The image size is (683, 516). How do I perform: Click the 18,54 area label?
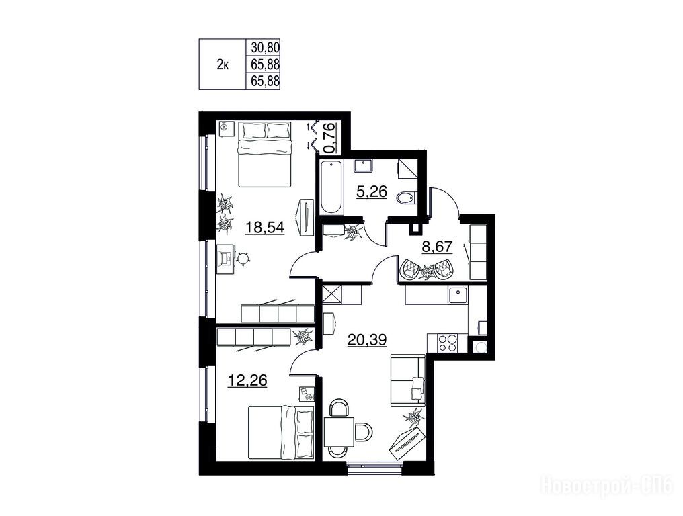[265, 227]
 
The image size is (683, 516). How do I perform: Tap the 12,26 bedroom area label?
[247, 380]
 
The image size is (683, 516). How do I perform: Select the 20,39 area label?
[367, 339]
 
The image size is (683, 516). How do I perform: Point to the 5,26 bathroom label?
[372, 191]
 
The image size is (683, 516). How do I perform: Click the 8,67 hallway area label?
[438, 247]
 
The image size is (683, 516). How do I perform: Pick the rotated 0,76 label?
[331, 137]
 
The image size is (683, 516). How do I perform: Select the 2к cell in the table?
[223, 65]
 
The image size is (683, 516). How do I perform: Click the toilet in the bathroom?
[407, 199]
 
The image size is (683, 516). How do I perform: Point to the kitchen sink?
[458, 295]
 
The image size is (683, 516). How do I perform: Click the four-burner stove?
[447, 342]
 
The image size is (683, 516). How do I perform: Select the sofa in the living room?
[407, 380]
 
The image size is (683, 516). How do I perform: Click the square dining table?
[339, 431]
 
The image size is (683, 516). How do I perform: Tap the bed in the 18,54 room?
[265, 154]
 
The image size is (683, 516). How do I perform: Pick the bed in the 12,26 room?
[281, 433]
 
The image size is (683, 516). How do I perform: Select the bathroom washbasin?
[363, 166]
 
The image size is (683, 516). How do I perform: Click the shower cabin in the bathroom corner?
[407, 169]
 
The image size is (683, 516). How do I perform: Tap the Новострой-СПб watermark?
[607, 485]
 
